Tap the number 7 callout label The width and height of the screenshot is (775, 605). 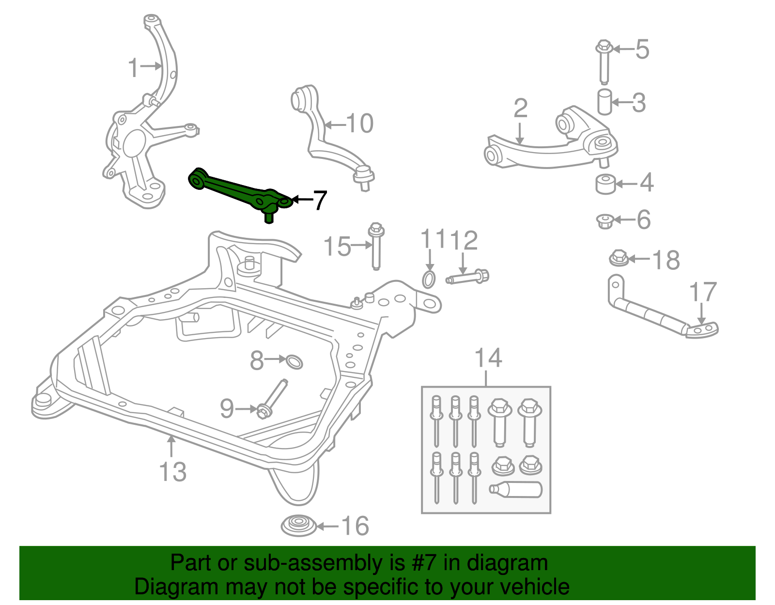pos(320,200)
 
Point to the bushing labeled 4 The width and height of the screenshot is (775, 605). pos(605,184)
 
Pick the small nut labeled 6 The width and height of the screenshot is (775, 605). pos(605,221)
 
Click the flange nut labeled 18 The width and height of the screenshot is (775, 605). pos(619,258)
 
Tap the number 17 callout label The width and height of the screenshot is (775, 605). pos(702,292)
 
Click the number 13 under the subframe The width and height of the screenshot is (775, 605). pos(172,471)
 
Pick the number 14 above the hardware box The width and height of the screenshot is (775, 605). pos(488,358)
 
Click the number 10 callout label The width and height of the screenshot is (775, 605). pos(359,124)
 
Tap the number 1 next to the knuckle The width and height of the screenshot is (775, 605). pos(133,68)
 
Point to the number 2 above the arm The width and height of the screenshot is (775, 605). pos(520,109)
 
